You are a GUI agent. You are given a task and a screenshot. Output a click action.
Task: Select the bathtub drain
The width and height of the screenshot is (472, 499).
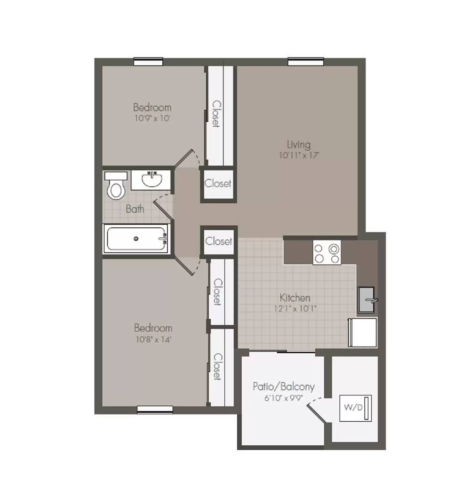(x=136, y=239)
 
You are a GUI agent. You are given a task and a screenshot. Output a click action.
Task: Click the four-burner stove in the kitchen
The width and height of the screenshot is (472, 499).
(x=327, y=253)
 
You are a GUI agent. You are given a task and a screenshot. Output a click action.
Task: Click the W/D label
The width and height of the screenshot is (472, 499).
(x=353, y=407)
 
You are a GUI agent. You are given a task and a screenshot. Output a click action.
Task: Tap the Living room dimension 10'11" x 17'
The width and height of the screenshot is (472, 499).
(x=299, y=155)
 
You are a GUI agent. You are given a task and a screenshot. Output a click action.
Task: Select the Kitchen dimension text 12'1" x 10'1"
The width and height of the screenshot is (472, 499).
(x=295, y=309)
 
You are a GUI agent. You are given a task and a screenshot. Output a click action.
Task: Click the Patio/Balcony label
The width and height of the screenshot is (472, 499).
(x=283, y=387)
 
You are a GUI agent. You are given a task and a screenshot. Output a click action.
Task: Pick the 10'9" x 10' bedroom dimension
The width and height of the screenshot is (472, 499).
(x=152, y=119)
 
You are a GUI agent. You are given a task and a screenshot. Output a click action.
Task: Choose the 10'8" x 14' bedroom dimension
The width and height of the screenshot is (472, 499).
(x=153, y=339)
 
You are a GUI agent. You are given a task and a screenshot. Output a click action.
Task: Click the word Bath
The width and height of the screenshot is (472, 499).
(x=135, y=209)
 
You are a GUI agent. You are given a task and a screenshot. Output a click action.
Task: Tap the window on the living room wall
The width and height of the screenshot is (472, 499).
(x=306, y=62)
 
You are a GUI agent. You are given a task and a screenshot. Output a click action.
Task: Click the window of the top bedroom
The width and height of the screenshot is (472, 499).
(x=148, y=62)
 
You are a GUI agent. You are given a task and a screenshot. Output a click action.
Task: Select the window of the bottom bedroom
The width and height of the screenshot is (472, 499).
(x=155, y=410)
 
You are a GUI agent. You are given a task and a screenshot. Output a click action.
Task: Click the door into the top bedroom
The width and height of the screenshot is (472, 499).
(x=185, y=159)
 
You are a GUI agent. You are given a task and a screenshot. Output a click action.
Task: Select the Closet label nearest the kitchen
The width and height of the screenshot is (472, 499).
(x=219, y=241)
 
